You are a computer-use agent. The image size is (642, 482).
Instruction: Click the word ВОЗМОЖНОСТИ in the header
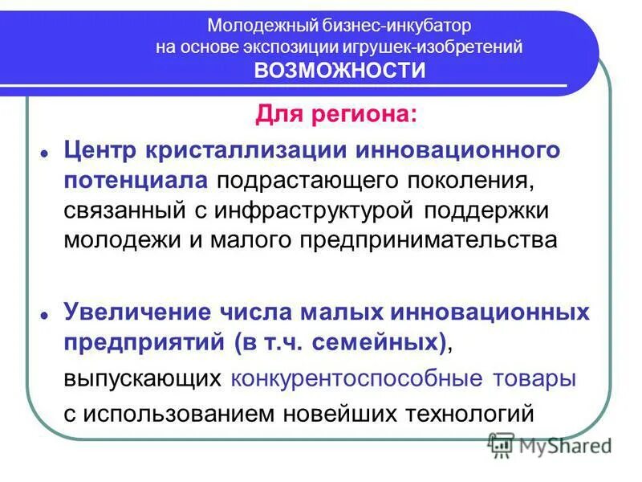pyautogui.click(x=339, y=71)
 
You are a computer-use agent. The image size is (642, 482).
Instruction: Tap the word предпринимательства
pyautogui.click(x=427, y=240)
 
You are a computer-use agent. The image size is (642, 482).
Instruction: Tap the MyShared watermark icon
pyautogui.click(x=502, y=443)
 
